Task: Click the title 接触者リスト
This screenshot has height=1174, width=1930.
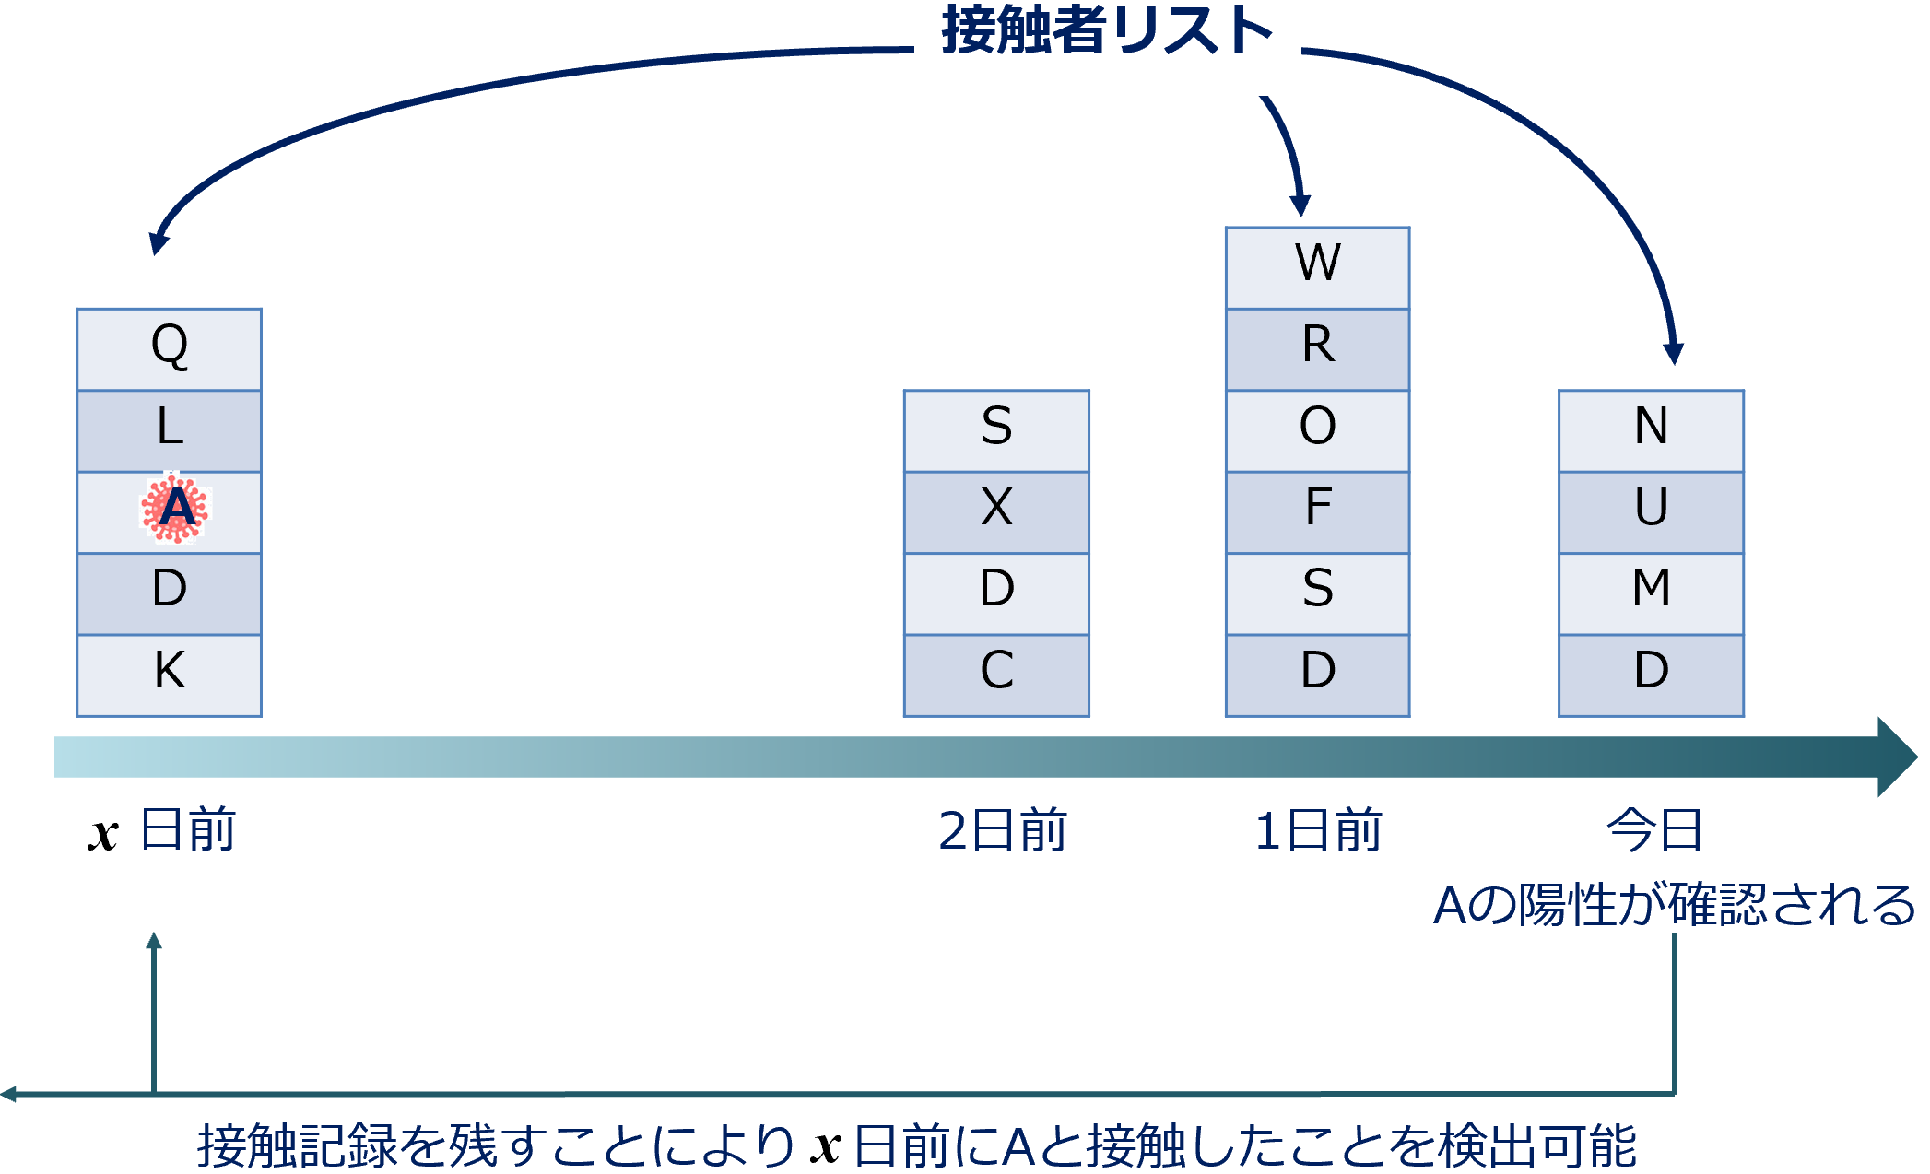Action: click(1107, 29)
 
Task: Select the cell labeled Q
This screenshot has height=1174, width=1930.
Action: click(170, 349)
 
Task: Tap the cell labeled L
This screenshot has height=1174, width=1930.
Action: click(170, 431)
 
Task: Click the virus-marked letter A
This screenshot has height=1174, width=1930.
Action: click(176, 508)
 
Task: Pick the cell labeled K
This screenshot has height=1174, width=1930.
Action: click(170, 675)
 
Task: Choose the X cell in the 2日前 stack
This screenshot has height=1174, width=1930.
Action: click(996, 512)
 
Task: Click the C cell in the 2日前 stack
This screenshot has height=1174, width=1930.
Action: click(996, 675)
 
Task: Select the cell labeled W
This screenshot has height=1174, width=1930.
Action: click(1318, 268)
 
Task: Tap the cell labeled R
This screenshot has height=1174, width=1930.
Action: click(1318, 349)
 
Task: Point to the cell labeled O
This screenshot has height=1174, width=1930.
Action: click(1318, 431)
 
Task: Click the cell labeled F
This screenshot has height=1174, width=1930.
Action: click(1318, 512)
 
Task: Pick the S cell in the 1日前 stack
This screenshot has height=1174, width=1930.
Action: click(1318, 593)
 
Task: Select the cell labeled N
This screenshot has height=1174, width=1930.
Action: click(1651, 431)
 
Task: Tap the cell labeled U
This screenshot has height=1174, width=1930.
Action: click(1651, 512)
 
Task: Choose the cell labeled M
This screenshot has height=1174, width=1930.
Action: click(1651, 593)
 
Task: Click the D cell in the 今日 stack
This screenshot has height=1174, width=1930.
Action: click(1651, 675)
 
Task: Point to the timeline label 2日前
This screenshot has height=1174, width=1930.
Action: click(1003, 830)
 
